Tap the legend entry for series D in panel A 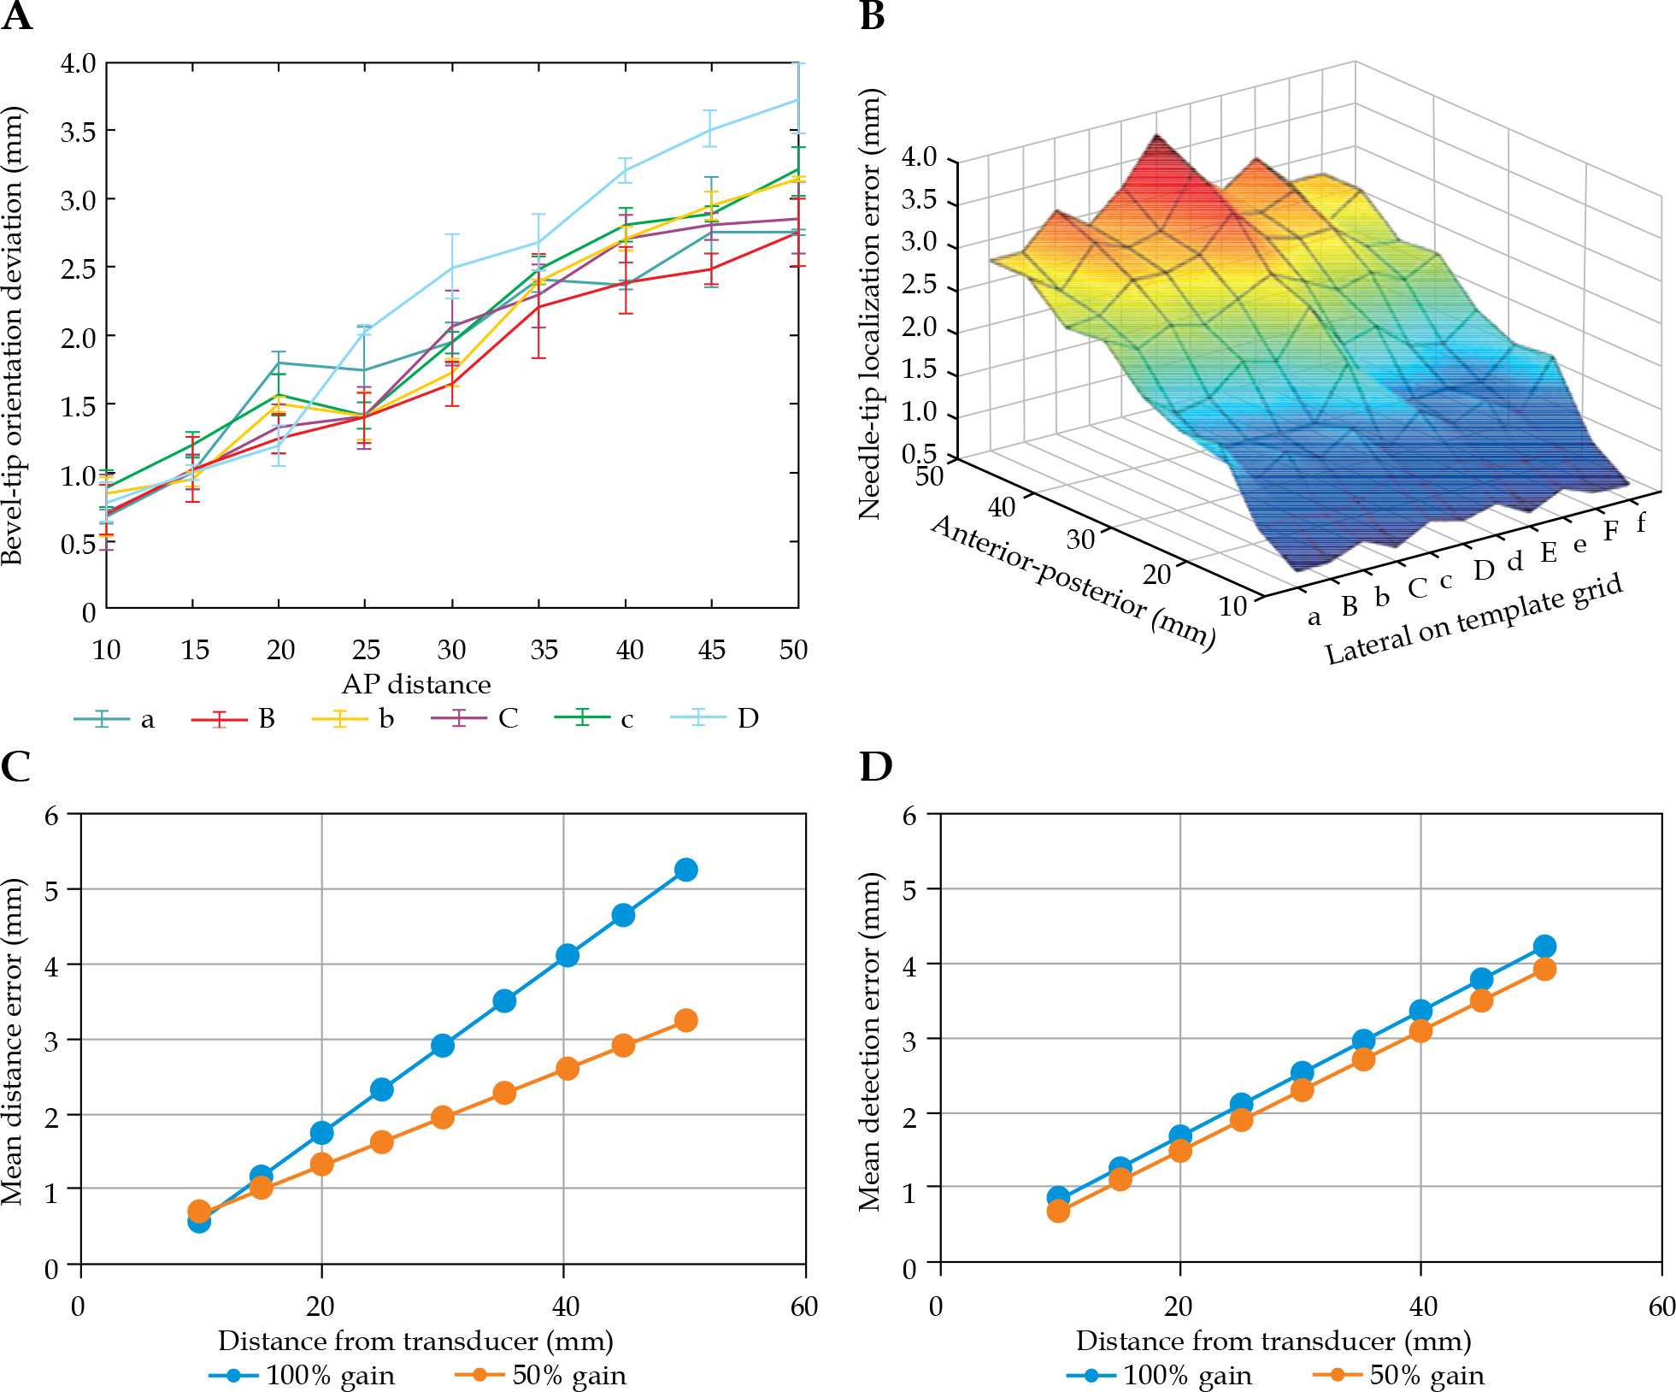(x=716, y=718)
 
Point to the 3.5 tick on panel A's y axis (x=78, y=132)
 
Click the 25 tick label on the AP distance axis (x=366, y=650)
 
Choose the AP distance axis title (x=416, y=684)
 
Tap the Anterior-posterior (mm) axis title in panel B (x=1073, y=581)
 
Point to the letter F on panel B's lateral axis (x=1610, y=531)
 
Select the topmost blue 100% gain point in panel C (x=685, y=870)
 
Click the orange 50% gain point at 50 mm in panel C (x=685, y=1020)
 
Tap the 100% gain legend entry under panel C (x=303, y=1375)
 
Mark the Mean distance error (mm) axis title (x=12, y=1041)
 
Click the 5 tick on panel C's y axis (x=52, y=889)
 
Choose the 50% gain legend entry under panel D (x=1398, y=1375)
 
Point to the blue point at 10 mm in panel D (x=1058, y=1198)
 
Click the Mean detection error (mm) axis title (x=870, y=1041)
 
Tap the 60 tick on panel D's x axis (x=1661, y=1306)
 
